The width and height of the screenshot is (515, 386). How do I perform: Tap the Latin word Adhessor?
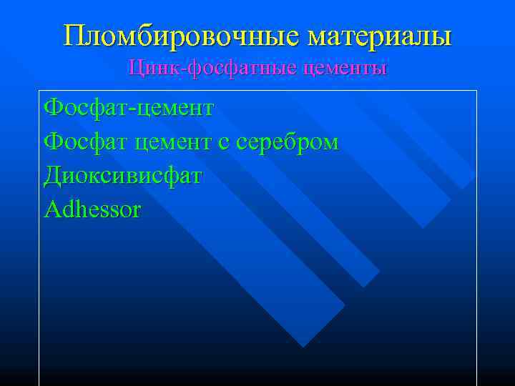pyautogui.click(x=92, y=209)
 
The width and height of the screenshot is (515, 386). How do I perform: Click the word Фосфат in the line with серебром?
pyautogui.click(x=78, y=142)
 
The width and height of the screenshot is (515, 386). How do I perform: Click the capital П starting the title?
pyautogui.click(x=73, y=35)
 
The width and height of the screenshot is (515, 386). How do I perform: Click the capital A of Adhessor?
pyautogui.click(x=52, y=209)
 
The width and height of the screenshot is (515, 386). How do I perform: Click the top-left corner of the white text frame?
pyautogui.click(x=39, y=91)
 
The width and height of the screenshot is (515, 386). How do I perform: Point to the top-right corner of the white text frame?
pyautogui.click(x=476, y=91)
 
